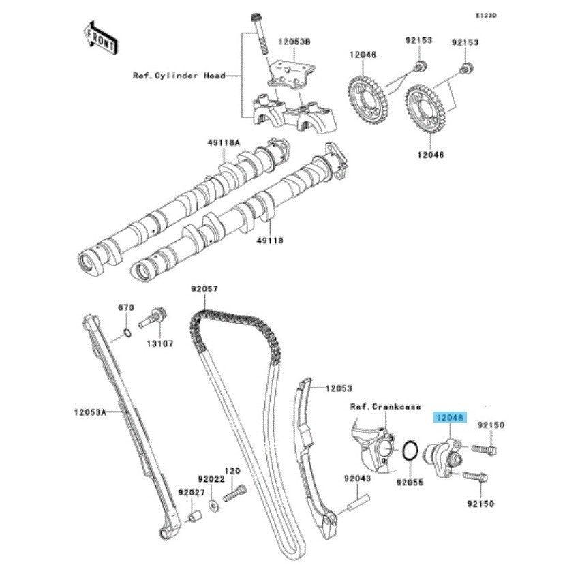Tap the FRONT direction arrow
coord(99,38)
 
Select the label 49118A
coord(224,143)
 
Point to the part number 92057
coord(204,289)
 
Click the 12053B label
coord(294,42)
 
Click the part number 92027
coord(192,491)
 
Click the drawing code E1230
coord(487,15)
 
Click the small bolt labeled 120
coord(236,492)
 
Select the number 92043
coord(356,479)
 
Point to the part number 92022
coord(211,479)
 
